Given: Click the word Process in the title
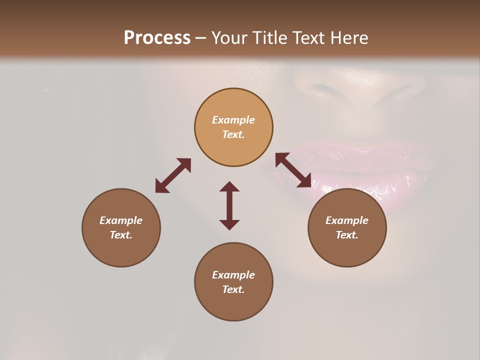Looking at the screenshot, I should click(x=157, y=38).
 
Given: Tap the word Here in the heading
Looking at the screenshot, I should click(x=347, y=38).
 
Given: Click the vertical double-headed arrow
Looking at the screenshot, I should click(x=229, y=205).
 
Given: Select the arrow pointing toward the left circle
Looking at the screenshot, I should click(x=173, y=175).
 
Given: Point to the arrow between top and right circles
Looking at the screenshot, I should click(x=293, y=170).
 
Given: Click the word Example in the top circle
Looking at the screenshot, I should click(x=233, y=120).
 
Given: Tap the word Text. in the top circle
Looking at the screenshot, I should click(x=233, y=134).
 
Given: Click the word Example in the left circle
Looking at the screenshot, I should click(x=121, y=220).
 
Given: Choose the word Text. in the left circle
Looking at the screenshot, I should click(x=121, y=235).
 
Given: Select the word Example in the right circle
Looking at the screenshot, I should click(x=347, y=220).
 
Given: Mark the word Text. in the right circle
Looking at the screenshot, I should click(x=347, y=235).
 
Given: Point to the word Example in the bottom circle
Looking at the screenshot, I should click(x=233, y=275).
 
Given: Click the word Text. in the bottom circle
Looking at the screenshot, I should click(x=233, y=289).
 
